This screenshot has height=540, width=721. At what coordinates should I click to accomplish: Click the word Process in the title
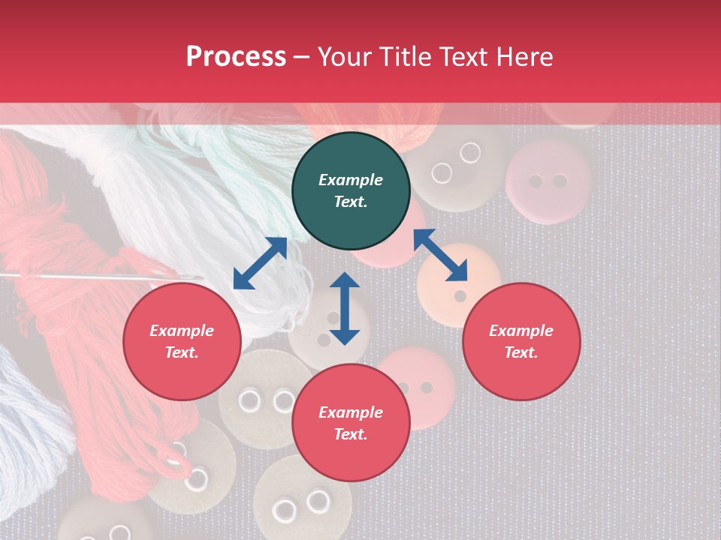[x=236, y=57]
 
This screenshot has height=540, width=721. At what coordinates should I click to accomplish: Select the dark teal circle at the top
[x=351, y=190]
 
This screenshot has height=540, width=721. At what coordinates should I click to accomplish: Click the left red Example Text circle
[x=182, y=341]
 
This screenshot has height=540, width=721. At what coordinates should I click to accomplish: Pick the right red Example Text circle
[x=521, y=341]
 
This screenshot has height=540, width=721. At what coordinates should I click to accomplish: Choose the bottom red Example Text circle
[x=351, y=423]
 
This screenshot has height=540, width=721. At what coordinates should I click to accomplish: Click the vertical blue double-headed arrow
[x=345, y=308]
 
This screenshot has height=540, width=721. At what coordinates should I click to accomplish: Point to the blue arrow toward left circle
[x=260, y=263]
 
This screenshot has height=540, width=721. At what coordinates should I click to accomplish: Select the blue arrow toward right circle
[x=440, y=256]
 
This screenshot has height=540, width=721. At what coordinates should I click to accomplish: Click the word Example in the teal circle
[x=351, y=180]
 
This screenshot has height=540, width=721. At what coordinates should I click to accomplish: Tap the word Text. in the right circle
[x=521, y=352]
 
